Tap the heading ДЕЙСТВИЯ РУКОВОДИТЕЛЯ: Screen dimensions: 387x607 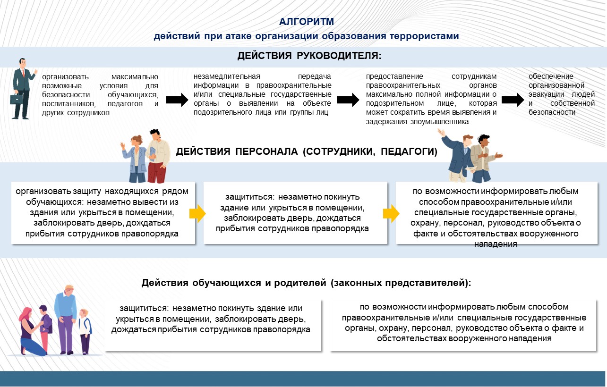point(309,56)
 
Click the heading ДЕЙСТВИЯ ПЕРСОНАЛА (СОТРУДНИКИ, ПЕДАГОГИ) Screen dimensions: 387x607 point(307,152)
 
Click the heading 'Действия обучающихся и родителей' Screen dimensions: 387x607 point(307,284)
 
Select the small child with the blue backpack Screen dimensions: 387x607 point(85,330)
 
